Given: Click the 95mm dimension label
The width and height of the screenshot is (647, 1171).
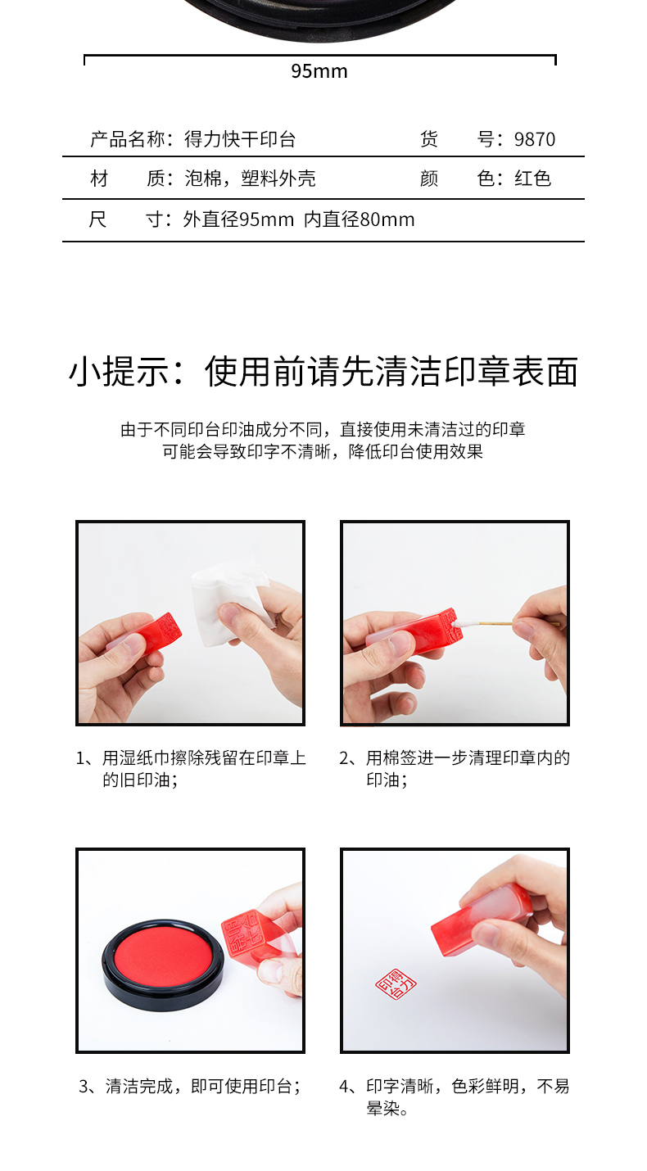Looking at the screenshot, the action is [319, 71].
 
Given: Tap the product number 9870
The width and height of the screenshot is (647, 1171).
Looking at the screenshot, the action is [535, 139].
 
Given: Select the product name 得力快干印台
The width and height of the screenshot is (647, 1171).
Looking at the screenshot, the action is [240, 139].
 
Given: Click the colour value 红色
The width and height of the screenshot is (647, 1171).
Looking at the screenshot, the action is [532, 179].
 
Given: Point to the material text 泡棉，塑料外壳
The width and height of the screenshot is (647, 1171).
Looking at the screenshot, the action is [250, 179].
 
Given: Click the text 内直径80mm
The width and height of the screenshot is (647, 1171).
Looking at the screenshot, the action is [360, 219].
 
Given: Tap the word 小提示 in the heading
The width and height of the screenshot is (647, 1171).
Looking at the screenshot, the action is [120, 372].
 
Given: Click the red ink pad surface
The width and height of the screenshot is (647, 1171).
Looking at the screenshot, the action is [163, 958].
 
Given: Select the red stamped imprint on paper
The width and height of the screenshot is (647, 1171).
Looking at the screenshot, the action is [396, 983].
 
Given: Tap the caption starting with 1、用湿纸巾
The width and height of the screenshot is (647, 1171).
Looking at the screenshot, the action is [191, 768].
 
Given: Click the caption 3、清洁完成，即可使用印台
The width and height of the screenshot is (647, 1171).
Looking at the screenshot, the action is [189, 1087].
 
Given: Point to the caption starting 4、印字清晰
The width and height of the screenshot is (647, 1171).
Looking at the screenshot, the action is [454, 1096].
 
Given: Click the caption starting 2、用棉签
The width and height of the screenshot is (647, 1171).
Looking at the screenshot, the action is [455, 768].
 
